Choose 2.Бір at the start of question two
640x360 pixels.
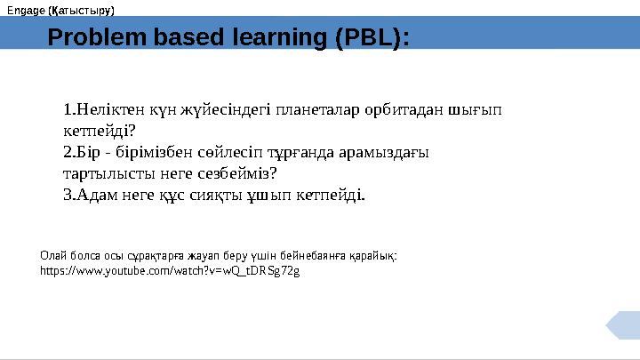click(x=83, y=153)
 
